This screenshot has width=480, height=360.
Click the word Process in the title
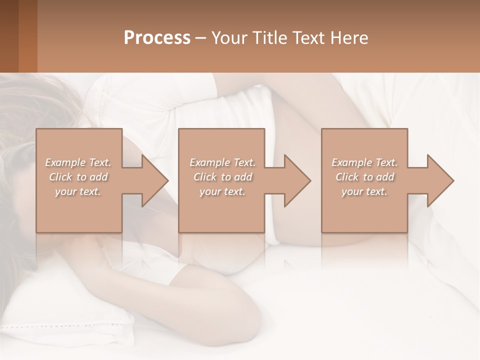(157, 38)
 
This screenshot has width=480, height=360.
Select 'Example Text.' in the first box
(78, 162)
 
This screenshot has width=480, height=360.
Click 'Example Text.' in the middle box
(222, 162)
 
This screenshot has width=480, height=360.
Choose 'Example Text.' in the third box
(364, 162)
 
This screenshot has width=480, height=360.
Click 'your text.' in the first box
(78, 191)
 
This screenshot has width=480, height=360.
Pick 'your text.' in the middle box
(222, 191)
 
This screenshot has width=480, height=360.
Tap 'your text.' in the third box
(364, 191)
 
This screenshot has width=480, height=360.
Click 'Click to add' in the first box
(78, 177)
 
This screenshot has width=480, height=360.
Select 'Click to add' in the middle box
(222, 177)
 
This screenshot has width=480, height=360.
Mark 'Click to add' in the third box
(364, 177)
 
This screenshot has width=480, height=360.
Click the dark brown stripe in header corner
(9, 36)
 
